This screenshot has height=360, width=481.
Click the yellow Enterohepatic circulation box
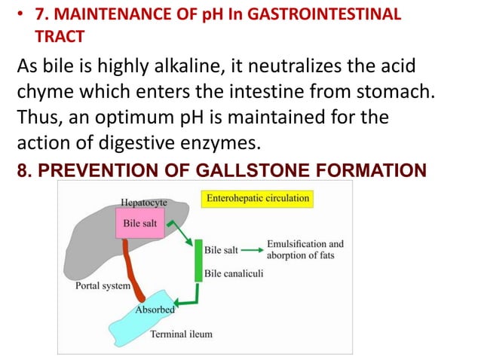click(x=257, y=200)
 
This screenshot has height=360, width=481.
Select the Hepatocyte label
click(x=143, y=203)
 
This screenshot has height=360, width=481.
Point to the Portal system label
click(x=103, y=286)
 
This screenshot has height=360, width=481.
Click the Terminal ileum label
click(x=181, y=334)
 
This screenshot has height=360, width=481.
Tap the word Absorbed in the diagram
click(x=155, y=310)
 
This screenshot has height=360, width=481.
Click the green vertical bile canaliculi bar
click(x=199, y=261)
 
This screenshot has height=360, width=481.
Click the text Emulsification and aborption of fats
click(x=305, y=249)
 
